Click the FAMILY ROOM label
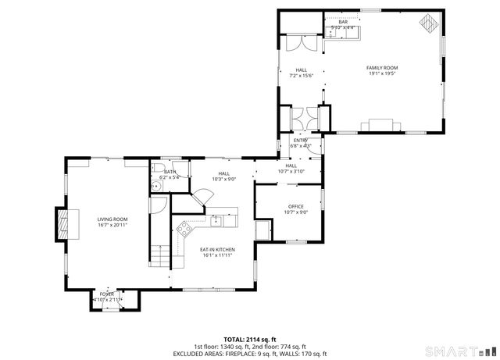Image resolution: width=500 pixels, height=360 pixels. point(382,68)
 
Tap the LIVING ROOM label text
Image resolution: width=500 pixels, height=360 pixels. point(112,219)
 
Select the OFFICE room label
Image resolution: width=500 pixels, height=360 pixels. point(295,206)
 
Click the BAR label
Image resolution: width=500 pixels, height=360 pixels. point(342,22)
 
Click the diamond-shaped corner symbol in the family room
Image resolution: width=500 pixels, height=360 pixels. point(428,23)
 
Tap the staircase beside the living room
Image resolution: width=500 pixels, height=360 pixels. point(159,255)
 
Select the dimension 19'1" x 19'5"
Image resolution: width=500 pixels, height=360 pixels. point(382,74)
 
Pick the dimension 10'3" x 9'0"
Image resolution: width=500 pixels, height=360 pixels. point(224,180)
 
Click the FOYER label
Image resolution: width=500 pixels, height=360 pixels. point(106,294)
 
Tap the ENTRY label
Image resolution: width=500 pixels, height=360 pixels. point(301,140)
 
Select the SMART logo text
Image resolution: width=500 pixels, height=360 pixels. point(455,348)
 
